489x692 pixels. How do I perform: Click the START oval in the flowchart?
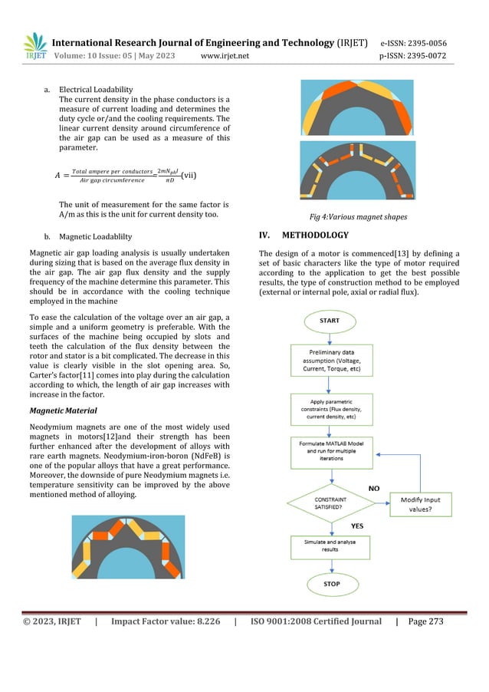click(x=330, y=321)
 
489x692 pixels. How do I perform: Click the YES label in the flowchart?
click(x=357, y=526)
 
